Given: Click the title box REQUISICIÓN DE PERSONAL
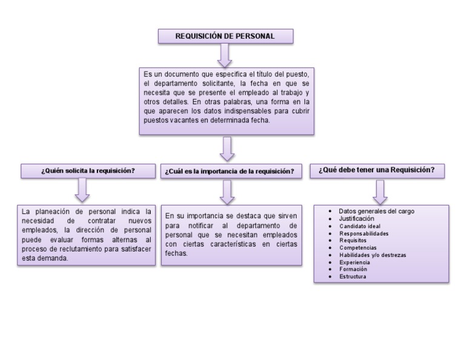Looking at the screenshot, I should (225, 36).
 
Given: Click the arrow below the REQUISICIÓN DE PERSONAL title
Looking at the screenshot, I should (225, 55).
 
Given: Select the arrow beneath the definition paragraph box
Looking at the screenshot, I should (228, 147).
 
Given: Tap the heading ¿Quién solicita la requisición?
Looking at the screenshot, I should (88, 171).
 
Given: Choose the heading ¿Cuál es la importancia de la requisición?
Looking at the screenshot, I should (229, 172).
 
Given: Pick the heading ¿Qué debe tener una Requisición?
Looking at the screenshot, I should (377, 170).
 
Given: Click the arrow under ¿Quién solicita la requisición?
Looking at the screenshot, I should (83, 190).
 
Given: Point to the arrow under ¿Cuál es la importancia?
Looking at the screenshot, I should (228, 191).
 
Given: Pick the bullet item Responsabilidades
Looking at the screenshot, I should (364, 233).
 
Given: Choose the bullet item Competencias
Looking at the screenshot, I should (358, 247).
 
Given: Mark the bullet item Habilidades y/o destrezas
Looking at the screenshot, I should (372, 255).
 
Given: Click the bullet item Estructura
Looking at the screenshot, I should (353, 276).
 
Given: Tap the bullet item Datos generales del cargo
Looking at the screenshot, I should (376, 211).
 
